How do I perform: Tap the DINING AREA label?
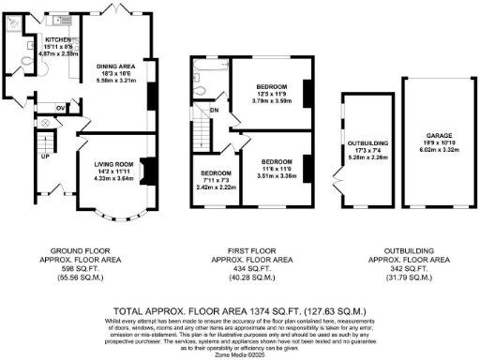click(116, 67)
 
